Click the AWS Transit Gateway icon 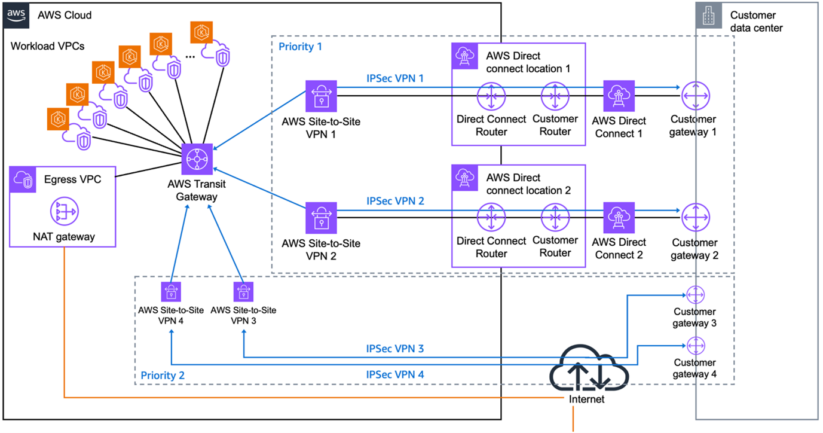195,160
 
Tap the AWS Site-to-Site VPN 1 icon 321,96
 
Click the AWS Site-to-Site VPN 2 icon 321,218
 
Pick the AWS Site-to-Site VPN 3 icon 243,292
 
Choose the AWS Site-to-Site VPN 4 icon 171,292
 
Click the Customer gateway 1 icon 695,96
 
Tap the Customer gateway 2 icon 695,218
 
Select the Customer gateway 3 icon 696,295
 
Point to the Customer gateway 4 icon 696,346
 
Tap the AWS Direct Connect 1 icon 619,96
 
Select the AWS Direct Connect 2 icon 619,218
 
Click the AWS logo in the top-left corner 16,15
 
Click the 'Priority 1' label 300,47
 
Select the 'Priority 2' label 163,375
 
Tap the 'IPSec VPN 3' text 395,348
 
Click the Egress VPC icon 23,180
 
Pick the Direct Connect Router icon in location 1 491,96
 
